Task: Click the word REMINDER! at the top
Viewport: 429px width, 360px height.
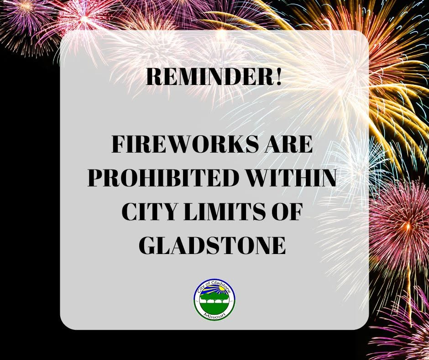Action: pyautogui.click(x=214, y=77)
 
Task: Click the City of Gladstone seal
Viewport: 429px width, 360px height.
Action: pyautogui.click(x=214, y=299)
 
